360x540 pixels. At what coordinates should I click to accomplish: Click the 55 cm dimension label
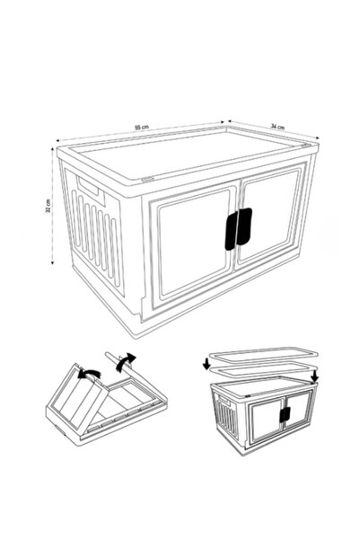coord(142,127)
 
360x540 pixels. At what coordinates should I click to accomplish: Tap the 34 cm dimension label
coord(277,127)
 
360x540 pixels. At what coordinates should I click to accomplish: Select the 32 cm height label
coord(48,206)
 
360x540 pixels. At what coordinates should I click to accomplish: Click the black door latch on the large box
coord(239,229)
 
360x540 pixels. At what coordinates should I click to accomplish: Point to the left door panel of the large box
coord(193,244)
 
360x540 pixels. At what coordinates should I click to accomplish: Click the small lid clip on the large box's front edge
coord(147,179)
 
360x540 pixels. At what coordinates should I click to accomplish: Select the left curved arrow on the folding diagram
coord(89,374)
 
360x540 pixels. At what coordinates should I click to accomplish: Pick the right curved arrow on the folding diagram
coord(126,361)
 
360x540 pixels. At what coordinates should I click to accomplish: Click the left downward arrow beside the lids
coord(206,363)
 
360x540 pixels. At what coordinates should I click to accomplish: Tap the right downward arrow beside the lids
coord(314,376)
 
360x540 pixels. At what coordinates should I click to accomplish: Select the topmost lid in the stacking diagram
coord(263,354)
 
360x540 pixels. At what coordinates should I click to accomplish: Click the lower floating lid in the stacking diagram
coord(260,369)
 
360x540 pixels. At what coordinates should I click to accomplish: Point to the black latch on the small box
coord(285,414)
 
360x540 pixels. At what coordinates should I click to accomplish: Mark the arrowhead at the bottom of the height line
coord(52,262)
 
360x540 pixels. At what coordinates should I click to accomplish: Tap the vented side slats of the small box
coord(226,416)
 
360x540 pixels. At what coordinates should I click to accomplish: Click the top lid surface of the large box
coord(186,154)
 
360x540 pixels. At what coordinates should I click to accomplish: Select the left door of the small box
coord(266,420)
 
